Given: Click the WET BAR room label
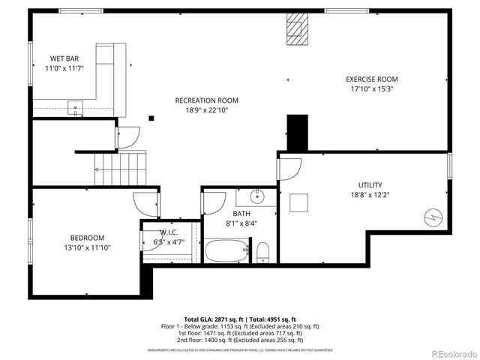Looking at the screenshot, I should pos(64,58).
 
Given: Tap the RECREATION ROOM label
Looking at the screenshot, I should pos(207,100).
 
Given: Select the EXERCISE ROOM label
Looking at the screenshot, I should pos(371,79).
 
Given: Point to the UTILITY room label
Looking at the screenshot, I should pos(370,184).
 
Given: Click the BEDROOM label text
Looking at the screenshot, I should pos(87,238).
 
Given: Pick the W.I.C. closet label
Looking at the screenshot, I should pos(168,232).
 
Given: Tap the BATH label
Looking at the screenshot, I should pos(241,214).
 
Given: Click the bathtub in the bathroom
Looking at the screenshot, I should pos(226,250).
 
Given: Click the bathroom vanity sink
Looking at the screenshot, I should pos(255,196).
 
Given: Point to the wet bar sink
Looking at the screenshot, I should pos(75,107).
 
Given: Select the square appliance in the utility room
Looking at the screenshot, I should pos(299,203).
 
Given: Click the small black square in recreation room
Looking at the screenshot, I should pos(151,117).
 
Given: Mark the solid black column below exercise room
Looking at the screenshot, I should pos(298,133).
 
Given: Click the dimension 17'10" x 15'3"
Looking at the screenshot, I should pos(371,88).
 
